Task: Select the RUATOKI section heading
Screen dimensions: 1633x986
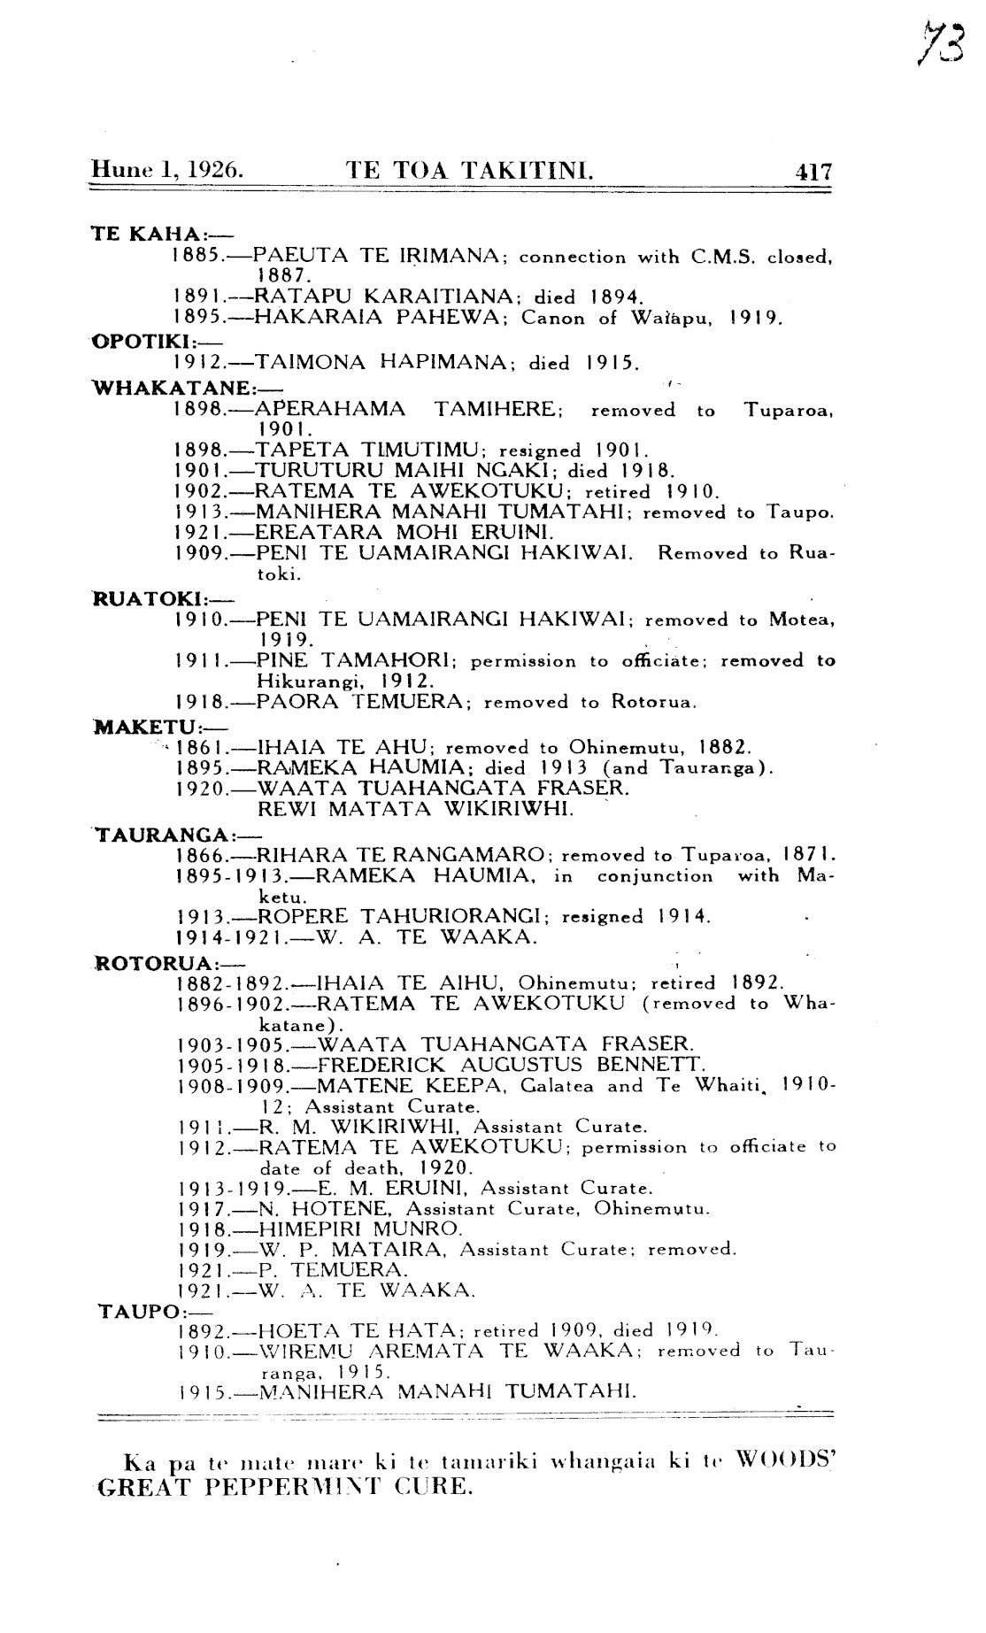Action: (143, 597)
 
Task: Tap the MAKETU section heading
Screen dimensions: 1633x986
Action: (142, 727)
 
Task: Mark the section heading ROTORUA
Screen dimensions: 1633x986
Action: (149, 962)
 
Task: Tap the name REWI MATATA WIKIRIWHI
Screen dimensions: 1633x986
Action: (416, 809)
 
